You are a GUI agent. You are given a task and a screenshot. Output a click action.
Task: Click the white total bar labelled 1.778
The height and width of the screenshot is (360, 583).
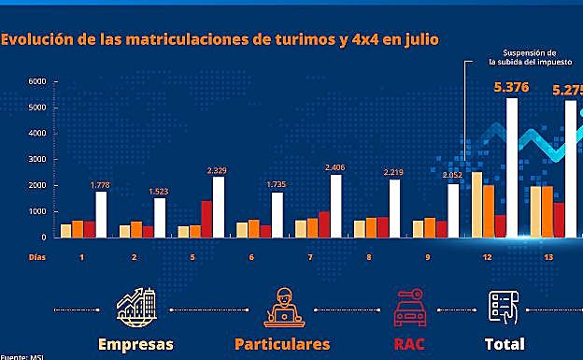[x=101, y=214]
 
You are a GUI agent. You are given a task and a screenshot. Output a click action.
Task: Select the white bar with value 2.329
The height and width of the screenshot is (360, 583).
[x=218, y=207]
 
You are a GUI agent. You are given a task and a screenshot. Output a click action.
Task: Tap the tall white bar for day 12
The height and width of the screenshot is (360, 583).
[x=511, y=167]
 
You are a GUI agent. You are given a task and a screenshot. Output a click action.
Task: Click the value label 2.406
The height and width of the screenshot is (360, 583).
[x=334, y=167]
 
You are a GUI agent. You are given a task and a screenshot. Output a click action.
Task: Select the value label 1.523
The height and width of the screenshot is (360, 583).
[x=159, y=191]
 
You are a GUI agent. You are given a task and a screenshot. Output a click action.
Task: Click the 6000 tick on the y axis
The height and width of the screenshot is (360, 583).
[x=36, y=82]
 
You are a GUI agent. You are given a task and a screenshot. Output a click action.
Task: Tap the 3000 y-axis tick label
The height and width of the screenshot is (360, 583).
[x=36, y=160]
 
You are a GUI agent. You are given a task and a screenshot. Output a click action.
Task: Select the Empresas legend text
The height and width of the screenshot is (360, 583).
[x=135, y=343]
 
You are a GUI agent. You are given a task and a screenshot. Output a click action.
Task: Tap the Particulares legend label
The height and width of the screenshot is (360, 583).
[x=282, y=343]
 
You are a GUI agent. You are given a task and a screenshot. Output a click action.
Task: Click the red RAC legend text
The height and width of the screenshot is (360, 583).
[x=408, y=343]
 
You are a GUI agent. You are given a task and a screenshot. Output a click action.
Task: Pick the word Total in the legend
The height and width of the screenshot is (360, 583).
[x=504, y=343]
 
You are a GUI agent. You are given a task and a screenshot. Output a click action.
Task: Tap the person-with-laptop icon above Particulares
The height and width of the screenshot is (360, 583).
[x=281, y=306]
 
